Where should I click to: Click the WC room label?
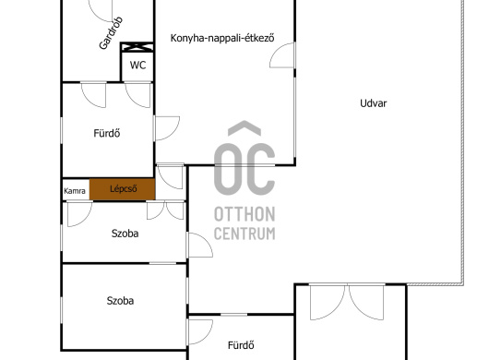pos(137,66)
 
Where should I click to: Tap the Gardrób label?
pos(111,33)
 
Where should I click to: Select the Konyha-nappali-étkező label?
pos(222,38)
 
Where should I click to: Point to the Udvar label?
pos(374,103)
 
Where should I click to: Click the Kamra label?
pos(75,191)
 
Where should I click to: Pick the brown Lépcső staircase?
pos(122,189)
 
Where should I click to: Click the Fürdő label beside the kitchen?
pos(107,133)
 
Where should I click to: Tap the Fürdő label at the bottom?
pos(241,345)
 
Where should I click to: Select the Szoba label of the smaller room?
pos(125,234)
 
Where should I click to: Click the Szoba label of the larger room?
pos(120,301)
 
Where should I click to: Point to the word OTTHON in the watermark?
pos(244,215)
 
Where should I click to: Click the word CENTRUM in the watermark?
pos(244,234)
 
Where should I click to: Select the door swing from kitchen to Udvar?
pos(274,50)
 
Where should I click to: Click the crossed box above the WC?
pos(137,47)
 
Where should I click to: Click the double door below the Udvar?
pos(347,302)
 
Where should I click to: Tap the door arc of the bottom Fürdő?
pos(209,336)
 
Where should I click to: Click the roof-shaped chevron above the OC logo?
pos(244,128)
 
